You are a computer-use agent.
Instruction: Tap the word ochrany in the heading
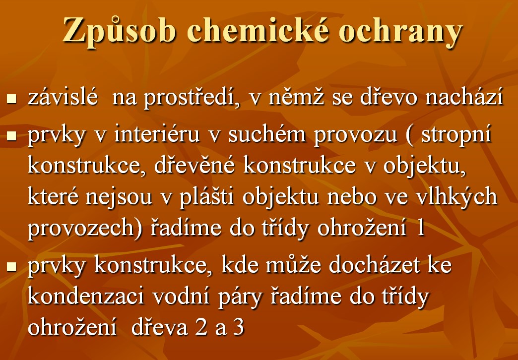pos(400,32)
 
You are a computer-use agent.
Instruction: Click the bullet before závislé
pos(11,98)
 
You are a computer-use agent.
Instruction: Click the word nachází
pos(463,96)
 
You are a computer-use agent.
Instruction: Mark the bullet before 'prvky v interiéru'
pos(11,136)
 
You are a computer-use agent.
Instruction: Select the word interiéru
pos(157,134)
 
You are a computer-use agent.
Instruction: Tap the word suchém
pos(267,134)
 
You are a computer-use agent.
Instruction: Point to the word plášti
pos(207,196)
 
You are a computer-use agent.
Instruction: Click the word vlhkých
pos(456,196)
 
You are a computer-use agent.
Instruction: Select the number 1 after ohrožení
pos(421,228)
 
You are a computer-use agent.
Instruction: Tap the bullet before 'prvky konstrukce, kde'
pos(11,267)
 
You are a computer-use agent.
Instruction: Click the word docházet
pos(374,264)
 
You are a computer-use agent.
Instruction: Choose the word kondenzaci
pos(86,296)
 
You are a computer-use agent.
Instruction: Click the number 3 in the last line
pos(239,327)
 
